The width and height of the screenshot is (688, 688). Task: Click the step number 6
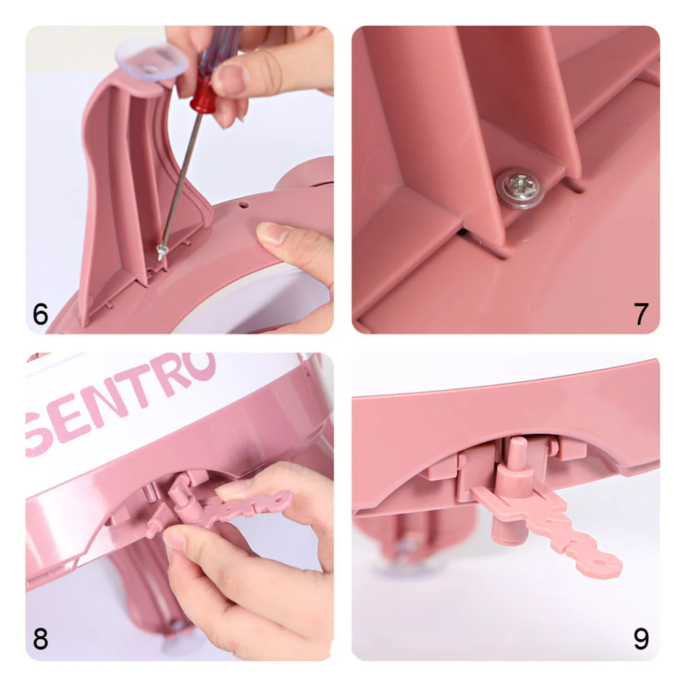pyautogui.click(x=41, y=314)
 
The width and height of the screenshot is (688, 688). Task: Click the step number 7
pyautogui.click(x=641, y=314)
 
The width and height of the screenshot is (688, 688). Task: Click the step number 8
pyautogui.click(x=41, y=639)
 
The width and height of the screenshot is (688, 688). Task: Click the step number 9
pyautogui.click(x=641, y=639)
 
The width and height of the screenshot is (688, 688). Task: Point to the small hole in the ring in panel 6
pyautogui.click(x=243, y=204)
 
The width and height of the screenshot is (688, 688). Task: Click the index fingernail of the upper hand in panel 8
pyautogui.click(x=234, y=490)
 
